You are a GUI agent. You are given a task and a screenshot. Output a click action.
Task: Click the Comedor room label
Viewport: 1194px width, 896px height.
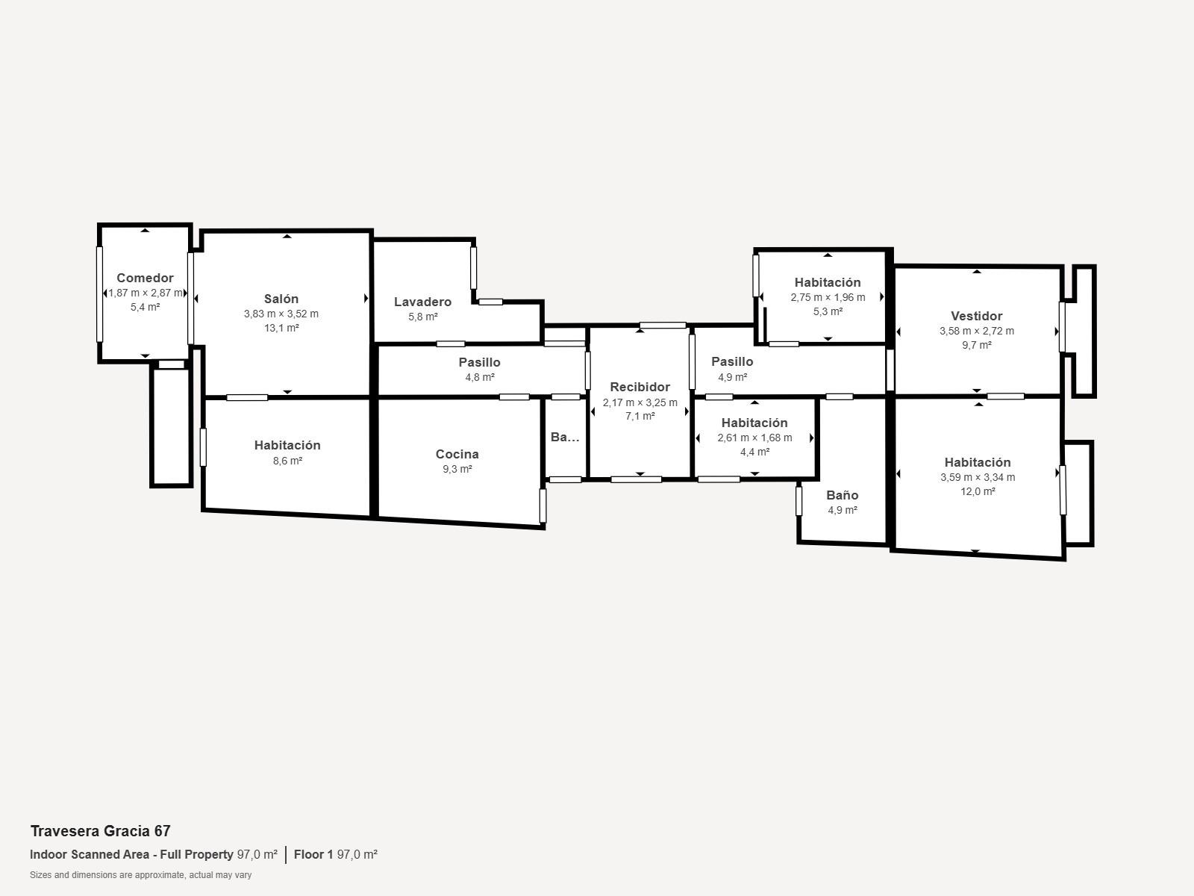coord(145,278)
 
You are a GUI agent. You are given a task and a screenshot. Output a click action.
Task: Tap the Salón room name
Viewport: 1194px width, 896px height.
coord(281,299)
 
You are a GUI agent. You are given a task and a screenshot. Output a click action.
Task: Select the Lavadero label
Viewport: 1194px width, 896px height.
coord(422,302)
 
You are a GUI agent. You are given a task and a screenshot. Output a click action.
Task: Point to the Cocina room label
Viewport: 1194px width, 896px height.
coord(457,454)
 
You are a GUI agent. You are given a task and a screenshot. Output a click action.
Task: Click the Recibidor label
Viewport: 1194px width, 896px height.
coord(640,387)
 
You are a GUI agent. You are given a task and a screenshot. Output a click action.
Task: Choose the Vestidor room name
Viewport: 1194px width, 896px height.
coord(976,316)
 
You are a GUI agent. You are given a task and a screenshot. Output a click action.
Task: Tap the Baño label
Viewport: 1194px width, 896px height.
coord(842,495)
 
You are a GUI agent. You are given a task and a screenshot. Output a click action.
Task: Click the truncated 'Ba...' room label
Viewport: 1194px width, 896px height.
coord(565,437)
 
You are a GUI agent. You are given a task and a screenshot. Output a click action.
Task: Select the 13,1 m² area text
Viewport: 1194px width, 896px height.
coord(281,328)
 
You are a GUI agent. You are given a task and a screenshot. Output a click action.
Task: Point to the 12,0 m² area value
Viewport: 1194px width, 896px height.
coord(978,491)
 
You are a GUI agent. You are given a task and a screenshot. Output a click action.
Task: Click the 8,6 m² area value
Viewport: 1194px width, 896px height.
coord(287,461)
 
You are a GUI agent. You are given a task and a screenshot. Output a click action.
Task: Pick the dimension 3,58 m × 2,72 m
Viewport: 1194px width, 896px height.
coord(976,331)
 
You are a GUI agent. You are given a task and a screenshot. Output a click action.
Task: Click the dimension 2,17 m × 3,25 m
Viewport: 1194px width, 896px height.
coord(640,402)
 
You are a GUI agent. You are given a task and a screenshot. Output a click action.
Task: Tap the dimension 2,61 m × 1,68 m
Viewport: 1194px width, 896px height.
coord(754,438)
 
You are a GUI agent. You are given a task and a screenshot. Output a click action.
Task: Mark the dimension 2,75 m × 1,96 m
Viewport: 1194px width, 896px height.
coord(828,298)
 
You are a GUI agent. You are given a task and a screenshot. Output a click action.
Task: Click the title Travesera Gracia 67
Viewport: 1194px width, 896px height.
coord(101,831)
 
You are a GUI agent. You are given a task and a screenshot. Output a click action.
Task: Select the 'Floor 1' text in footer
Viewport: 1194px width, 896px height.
coord(314,854)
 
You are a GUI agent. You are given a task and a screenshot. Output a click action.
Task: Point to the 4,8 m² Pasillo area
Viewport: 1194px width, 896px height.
coord(479,378)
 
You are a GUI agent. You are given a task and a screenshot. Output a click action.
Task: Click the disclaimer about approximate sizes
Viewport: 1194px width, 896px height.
coord(140,875)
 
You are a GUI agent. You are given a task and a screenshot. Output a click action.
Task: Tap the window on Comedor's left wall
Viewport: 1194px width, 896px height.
coord(99,294)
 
